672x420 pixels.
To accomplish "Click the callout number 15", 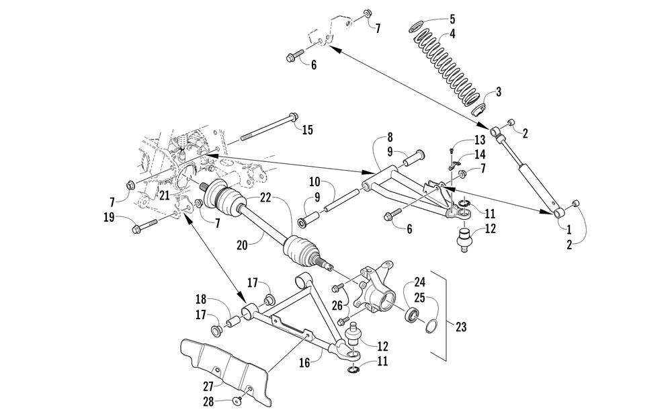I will (306, 130).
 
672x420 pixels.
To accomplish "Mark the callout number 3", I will (498, 91).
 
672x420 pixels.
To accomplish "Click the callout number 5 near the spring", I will (452, 18).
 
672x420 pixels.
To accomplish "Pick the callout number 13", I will (478, 140).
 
